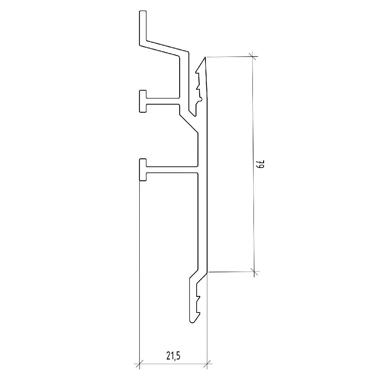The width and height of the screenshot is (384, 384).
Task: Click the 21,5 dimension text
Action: pos(174,356)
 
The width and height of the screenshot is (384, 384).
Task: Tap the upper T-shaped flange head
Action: pos(143,101)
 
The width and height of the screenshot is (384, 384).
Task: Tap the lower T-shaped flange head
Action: pos(143,170)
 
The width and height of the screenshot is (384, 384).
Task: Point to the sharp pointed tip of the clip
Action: pos(205,57)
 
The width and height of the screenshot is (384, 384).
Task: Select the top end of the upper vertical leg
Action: pos(143,11)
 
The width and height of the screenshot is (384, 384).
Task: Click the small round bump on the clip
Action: pos(201,99)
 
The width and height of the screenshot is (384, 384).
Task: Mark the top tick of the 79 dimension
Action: pos(253,57)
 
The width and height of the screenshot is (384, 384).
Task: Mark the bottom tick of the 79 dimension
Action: pos(254,272)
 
